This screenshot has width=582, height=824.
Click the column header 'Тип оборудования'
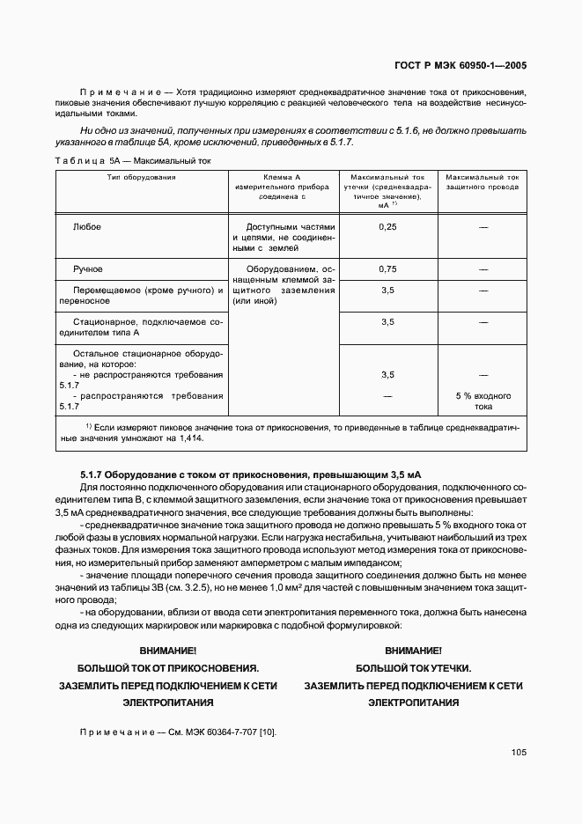pyautogui.click(x=141, y=178)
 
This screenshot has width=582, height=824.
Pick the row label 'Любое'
pyautogui.click(x=87, y=227)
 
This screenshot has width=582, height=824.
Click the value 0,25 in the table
pyautogui.click(x=387, y=227)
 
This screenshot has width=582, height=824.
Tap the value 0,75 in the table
pyautogui.click(x=387, y=269)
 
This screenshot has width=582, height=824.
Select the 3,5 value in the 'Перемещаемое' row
pyautogui.click(x=387, y=290)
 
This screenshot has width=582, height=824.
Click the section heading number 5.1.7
pyautogui.click(x=93, y=475)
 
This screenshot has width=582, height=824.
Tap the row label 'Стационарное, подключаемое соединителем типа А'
pyautogui.click(x=141, y=328)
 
